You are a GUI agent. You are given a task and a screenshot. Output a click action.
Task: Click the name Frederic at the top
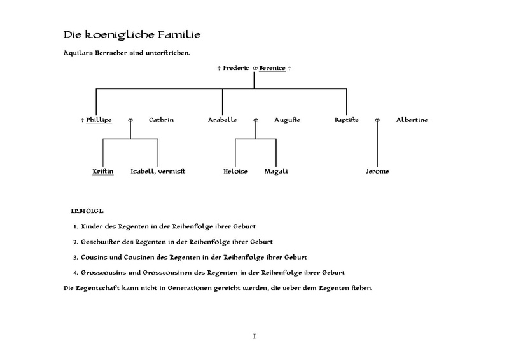[x=236, y=67]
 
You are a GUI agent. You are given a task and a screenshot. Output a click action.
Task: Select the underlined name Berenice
[x=272, y=67]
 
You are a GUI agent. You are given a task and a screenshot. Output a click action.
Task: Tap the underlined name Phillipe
[x=99, y=120]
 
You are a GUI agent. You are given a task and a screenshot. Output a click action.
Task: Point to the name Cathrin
[x=161, y=120]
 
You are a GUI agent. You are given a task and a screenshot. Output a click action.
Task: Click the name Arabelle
[x=223, y=120]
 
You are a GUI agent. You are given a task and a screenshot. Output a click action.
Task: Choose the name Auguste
[x=287, y=120]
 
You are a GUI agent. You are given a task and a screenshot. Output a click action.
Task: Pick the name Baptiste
[x=347, y=120]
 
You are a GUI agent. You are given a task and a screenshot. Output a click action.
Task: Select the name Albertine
[x=412, y=120]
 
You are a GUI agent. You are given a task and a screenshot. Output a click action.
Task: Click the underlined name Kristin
[x=102, y=171]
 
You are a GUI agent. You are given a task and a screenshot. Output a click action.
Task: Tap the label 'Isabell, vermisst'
[x=158, y=171]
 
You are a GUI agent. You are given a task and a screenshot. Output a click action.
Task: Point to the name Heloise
[x=235, y=171]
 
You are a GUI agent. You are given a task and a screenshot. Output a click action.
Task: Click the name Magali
[x=276, y=171]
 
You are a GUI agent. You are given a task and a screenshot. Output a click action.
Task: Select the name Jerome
[x=377, y=171]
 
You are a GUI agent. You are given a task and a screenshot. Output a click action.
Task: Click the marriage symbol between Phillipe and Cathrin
[x=130, y=120]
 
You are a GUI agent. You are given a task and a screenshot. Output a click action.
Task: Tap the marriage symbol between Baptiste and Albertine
[x=377, y=120]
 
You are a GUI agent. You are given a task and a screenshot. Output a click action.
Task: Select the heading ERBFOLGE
[x=88, y=209]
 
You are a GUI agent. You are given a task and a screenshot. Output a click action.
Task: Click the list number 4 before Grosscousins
[x=75, y=272]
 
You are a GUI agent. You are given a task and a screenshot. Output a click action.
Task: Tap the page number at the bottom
[x=254, y=335]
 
